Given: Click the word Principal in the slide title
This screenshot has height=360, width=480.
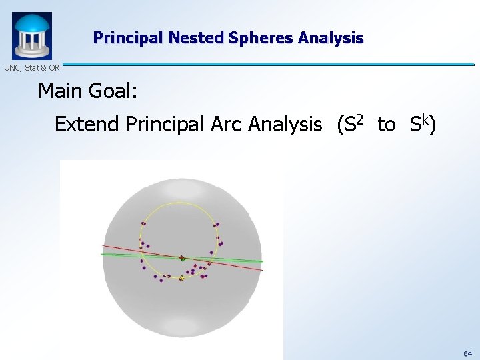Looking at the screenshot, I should pyautogui.click(x=129, y=38).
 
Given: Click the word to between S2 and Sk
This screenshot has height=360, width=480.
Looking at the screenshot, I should pyautogui.click(x=386, y=125).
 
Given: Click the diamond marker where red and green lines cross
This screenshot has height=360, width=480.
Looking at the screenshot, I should pyautogui.click(x=181, y=257).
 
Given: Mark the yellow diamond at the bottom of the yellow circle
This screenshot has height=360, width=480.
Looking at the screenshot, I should pyautogui.click(x=181, y=278).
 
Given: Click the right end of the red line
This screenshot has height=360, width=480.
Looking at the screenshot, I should pyautogui.click(x=262, y=269).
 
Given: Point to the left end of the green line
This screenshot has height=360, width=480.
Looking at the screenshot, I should pyautogui.click(x=102, y=254).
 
